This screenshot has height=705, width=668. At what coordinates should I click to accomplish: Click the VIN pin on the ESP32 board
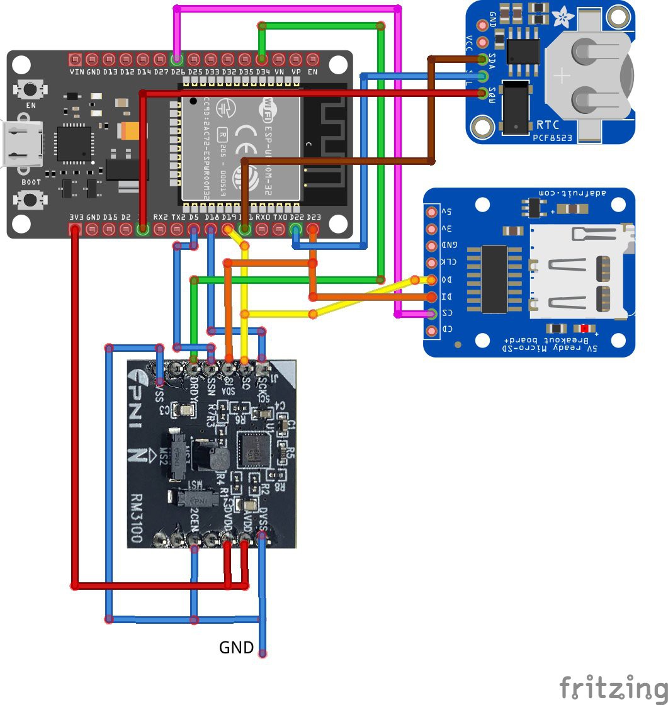[x=76, y=60]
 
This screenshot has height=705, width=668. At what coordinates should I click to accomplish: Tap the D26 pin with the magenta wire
[x=177, y=60]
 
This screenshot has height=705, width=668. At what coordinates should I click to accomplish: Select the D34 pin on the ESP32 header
[x=262, y=60]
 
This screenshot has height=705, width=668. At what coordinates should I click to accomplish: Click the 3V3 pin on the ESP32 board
[x=76, y=230]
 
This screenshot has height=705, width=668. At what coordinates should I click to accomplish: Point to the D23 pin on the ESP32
[x=313, y=230]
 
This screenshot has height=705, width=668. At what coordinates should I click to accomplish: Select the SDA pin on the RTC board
[x=484, y=60]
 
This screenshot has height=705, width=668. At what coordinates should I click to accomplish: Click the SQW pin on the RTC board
[x=484, y=94]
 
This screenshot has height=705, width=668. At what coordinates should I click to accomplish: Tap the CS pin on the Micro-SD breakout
[x=431, y=313]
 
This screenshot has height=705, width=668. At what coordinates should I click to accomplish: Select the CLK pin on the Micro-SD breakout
[x=431, y=262]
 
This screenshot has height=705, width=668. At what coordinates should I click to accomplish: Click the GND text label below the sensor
[x=236, y=647]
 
